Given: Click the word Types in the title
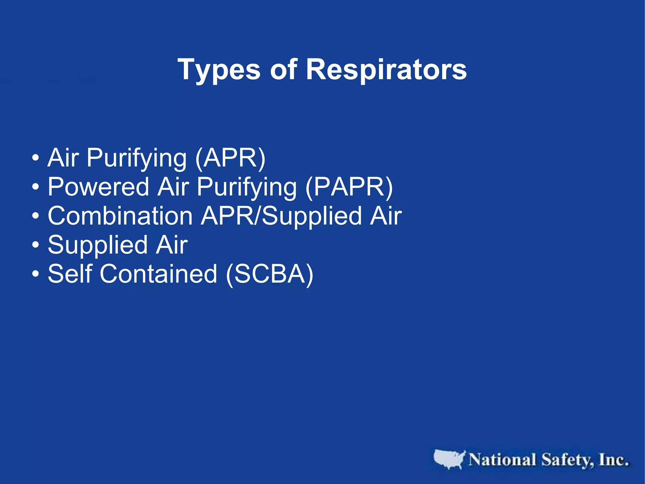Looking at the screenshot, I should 219,70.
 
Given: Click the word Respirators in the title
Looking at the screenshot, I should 386,70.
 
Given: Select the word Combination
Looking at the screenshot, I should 120,216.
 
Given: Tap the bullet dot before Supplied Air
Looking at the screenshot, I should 36,245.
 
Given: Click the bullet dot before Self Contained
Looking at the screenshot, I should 36,274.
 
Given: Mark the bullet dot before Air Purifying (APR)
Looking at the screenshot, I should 36,158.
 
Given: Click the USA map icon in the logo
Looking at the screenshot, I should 449,459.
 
